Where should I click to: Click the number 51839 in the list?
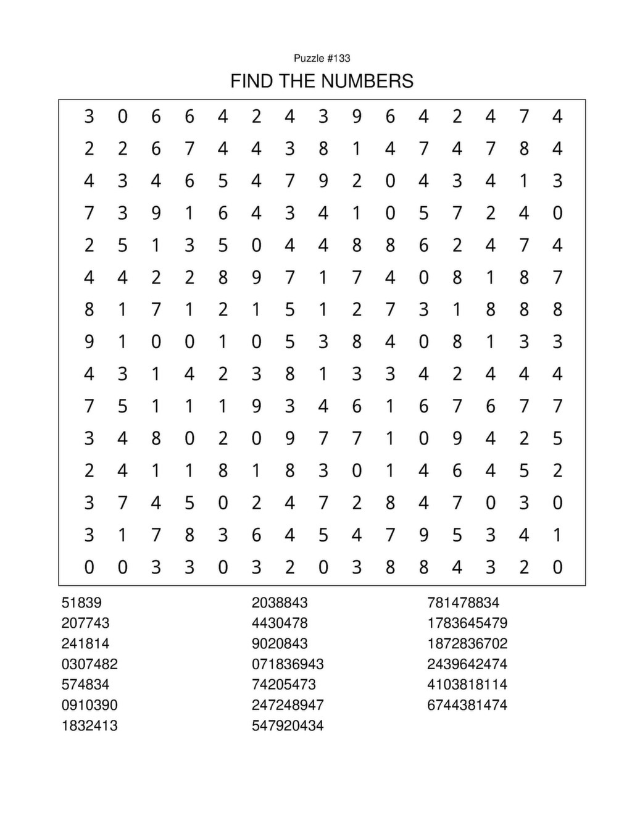click(81, 603)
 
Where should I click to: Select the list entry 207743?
click(85, 623)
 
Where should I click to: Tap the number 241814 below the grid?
click(85, 643)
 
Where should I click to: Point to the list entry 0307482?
click(89, 664)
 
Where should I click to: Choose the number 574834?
click(85, 684)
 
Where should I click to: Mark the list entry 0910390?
click(89, 705)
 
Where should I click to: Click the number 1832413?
click(89, 725)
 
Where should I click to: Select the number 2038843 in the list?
click(280, 603)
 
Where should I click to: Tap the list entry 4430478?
click(280, 623)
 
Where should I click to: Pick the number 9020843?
click(280, 643)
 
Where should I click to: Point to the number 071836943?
click(288, 664)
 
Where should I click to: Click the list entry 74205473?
click(284, 684)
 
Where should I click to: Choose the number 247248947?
click(288, 705)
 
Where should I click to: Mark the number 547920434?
click(288, 725)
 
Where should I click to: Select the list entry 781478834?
click(464, 603)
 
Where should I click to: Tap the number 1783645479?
click(467, 623)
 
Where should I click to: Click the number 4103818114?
click(467, 684)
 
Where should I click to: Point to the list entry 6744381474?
click(467, 705)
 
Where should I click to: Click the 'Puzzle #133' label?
click(322, 58)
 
